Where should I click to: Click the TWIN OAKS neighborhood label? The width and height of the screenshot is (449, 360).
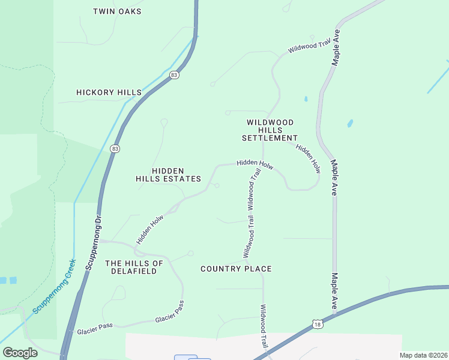tap(118, 11)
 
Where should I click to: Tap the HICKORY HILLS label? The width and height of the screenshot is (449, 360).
tap(109, 92)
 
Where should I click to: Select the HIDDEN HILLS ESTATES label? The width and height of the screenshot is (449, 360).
tap(167, 175)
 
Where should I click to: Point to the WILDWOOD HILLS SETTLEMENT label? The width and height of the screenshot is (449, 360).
tap(270, 130)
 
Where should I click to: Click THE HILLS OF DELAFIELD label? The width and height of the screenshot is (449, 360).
tap(134, 267)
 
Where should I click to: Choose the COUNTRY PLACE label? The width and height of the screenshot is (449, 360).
tap(236, 269)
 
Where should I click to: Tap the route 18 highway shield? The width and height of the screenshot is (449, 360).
tap(317, 325)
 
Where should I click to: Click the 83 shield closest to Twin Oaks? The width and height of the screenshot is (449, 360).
tap(174, 75)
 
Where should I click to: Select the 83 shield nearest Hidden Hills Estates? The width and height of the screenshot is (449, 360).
tap(115, 148)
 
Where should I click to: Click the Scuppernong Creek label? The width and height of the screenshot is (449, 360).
tap(55, 287)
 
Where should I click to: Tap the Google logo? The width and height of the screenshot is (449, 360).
tap(20, 353)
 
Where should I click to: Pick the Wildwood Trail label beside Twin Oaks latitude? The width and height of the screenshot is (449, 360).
tap(309, 45)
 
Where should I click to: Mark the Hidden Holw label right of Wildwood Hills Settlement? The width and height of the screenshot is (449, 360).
tap(308, 159)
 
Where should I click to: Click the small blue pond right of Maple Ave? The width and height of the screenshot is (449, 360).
tap(349, 124)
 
